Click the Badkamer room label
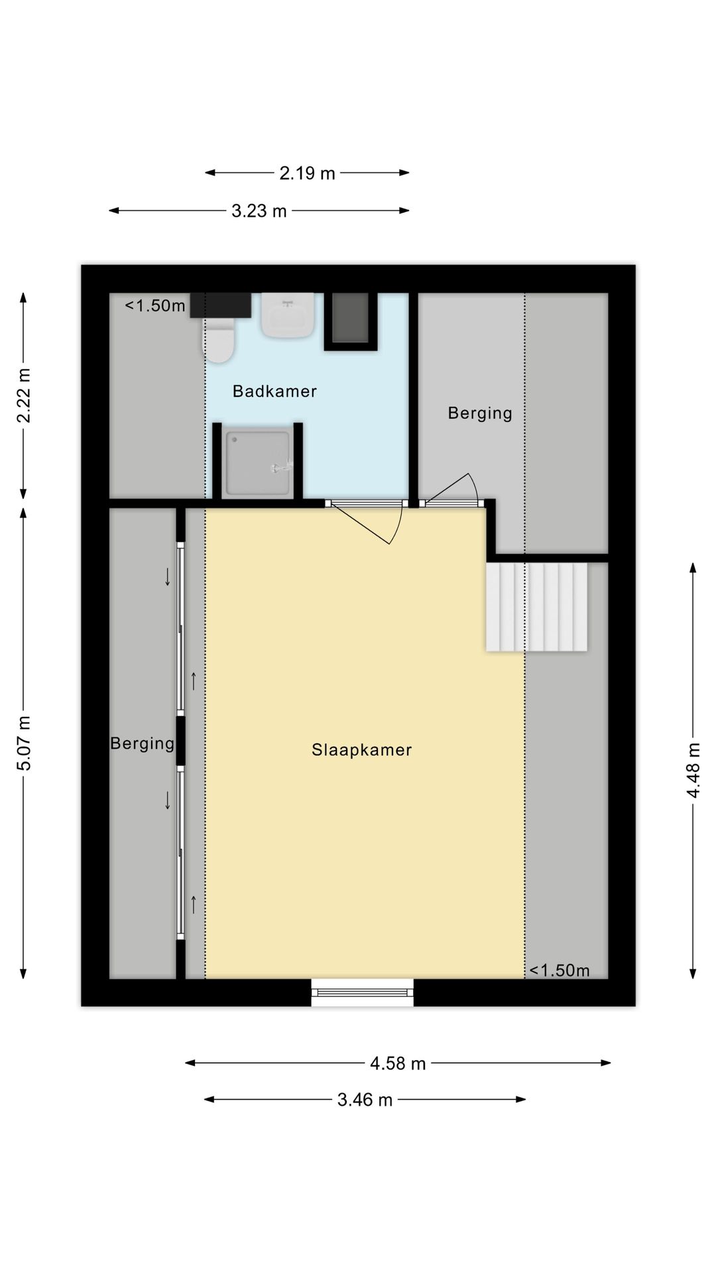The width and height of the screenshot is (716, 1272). pyautogui.click(x=274, y=391)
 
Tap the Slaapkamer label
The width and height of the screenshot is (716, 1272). pyautogui.click(x=362, y=750)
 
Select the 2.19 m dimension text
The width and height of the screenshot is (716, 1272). pyautogui.click(x=307, y=173)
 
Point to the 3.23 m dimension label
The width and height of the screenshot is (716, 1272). pyautogui.click(x=259, y=211)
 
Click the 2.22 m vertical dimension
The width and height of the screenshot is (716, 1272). pyautogui.click(x=24, y=395)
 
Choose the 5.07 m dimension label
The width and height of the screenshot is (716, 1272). pyautogui.click(x=24, y=743)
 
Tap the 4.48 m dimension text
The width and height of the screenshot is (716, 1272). pyautogui.click(x=693, y=770)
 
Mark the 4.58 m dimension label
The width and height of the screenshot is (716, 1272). pyautogui.click(x=398, y=1063)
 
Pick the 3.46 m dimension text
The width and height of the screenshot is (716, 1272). pyautogui.click(x=365, y=1100)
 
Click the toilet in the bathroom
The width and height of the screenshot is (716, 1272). pyautogui.click(x=218, y=339)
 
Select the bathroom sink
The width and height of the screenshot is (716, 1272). pyautogui.click(x=288, y=315)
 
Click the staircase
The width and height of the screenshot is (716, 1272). pyautogui.click(x=537, y=607)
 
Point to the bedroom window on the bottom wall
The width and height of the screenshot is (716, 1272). pyautogui.click(x=363, y=992)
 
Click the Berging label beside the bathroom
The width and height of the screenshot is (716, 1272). pyautogui.click(x=480, y=413)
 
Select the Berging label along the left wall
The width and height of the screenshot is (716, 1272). pyautogui.click(x=143, y=743)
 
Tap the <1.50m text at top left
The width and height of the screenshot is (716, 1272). pyautogui.click(x=155, y=305)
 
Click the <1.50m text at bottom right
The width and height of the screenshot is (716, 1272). pyautogui.click(x=560, y=971)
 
